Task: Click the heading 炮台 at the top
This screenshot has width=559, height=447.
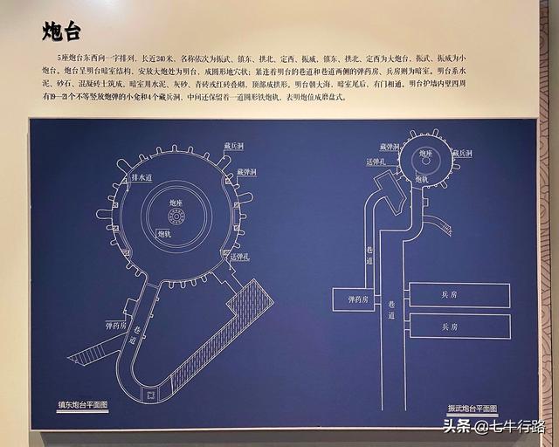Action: pos(62,32)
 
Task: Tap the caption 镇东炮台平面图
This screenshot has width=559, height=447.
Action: pos(81,405)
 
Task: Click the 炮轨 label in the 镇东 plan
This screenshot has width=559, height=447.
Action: pos(165,233)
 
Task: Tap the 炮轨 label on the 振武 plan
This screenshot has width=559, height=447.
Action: pos(422,178)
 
